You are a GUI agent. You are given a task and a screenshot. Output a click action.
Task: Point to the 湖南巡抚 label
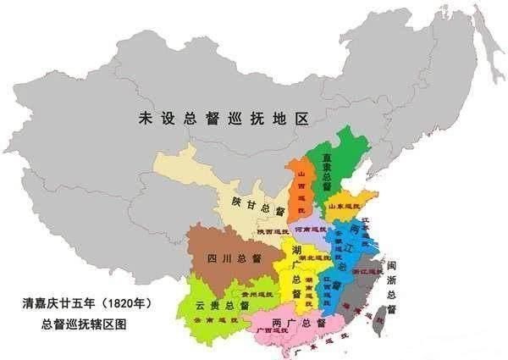click(311, 283)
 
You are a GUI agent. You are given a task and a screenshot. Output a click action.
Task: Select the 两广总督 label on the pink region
click(300, 323)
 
